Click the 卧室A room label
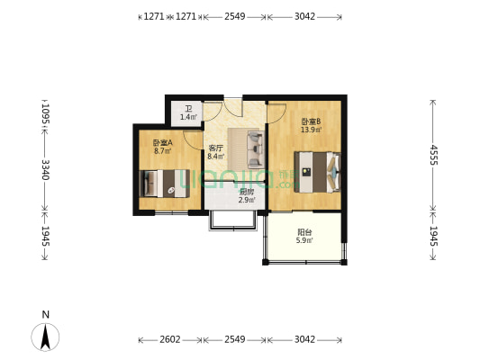163,143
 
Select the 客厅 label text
215,148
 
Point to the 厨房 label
246,191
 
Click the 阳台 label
305,231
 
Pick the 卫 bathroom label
188,109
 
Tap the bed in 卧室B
318,171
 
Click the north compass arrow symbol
45,337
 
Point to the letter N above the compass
45,314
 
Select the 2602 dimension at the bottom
169,340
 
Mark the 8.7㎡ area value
163,151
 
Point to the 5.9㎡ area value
305,240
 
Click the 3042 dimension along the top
304,16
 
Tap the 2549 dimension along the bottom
234,340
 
